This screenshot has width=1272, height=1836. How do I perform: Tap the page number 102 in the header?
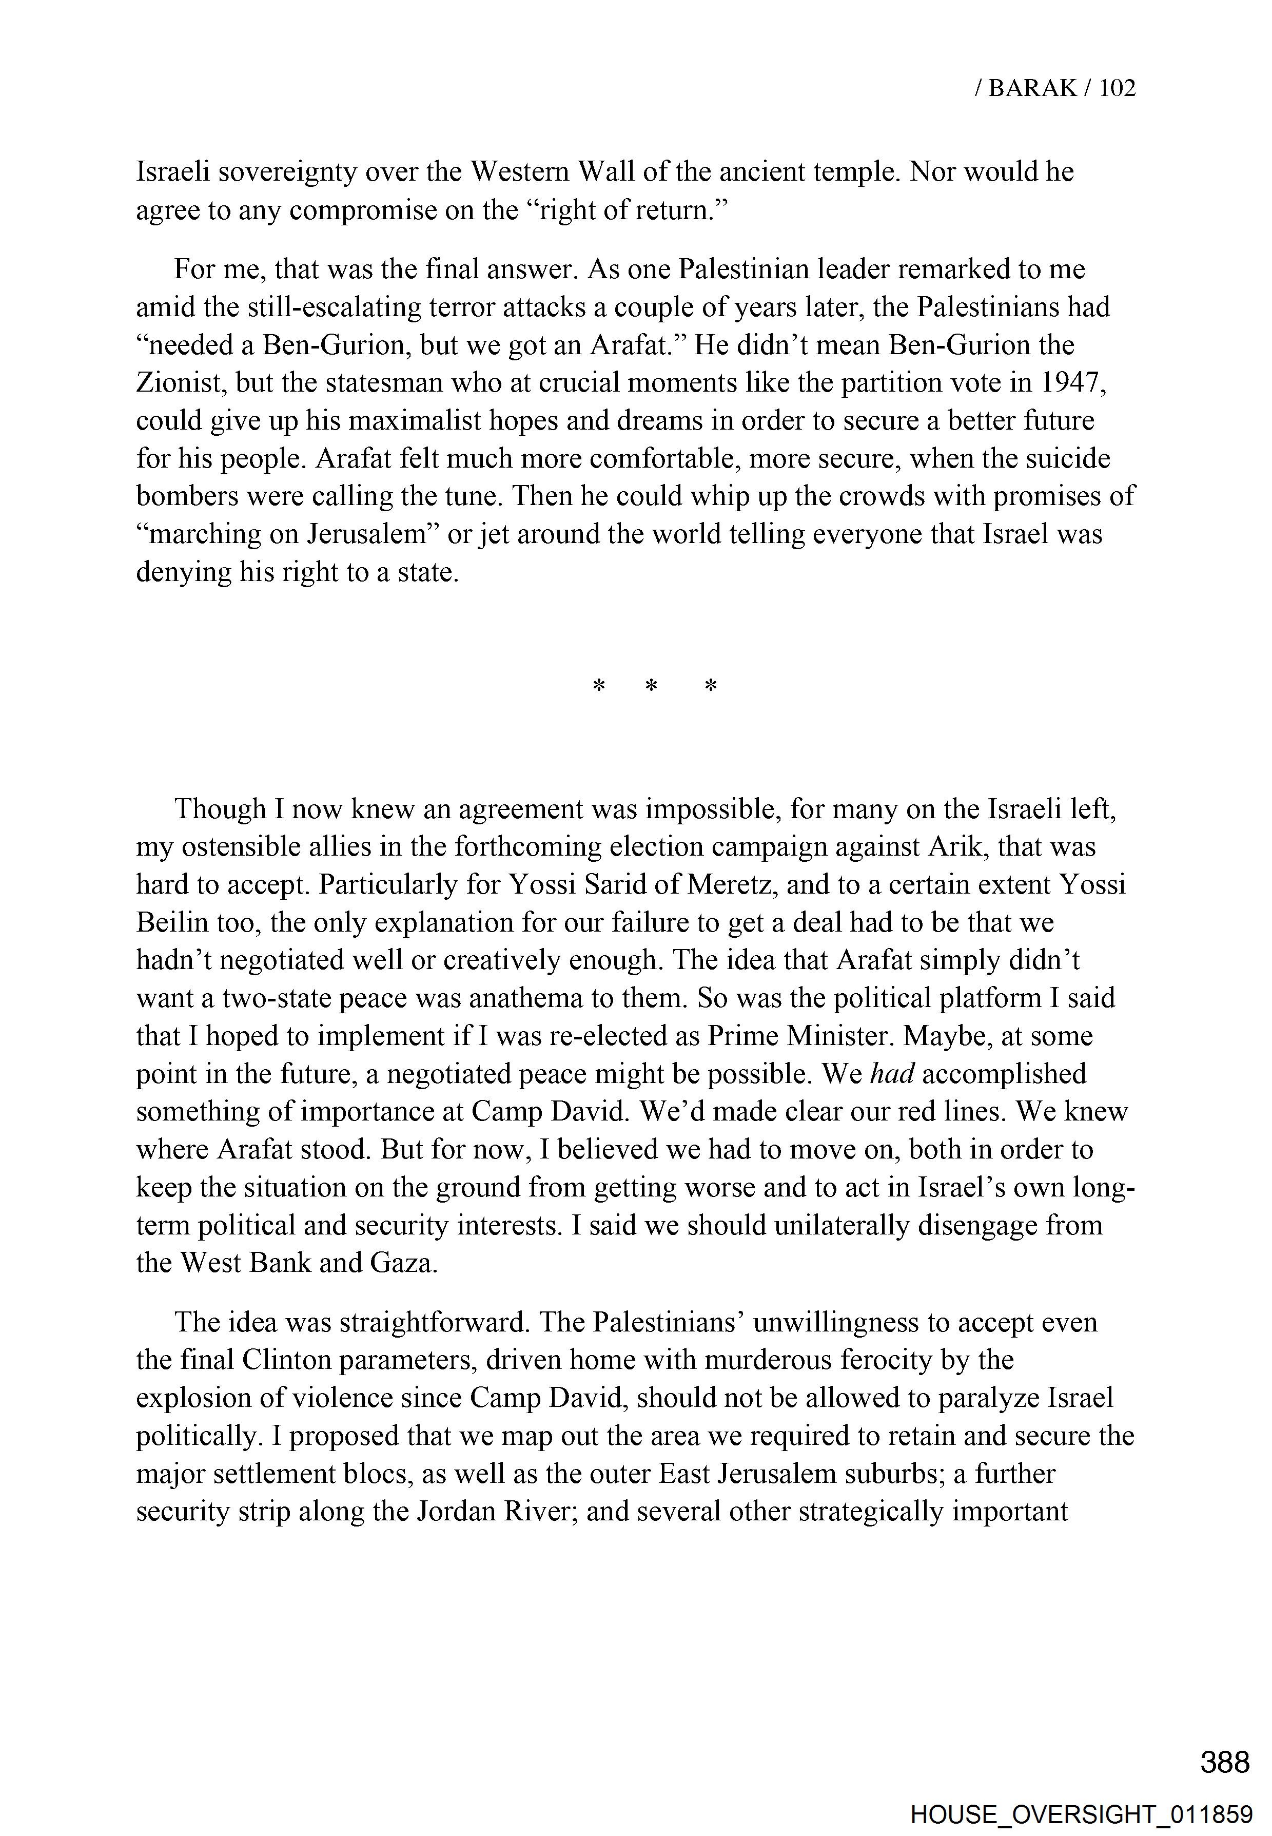1117,88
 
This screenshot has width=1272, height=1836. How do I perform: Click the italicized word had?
892,1074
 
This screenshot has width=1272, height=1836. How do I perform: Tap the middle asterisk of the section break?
651,686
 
